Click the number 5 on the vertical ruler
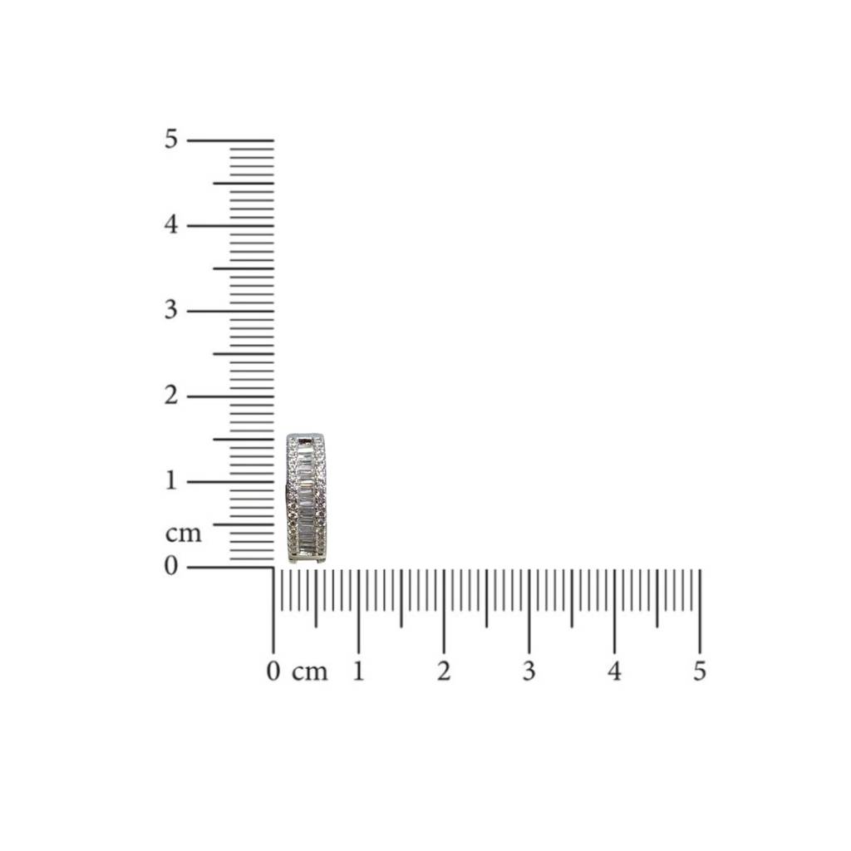coord(171,140)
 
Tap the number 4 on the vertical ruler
coord(171,224)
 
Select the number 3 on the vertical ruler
coord(171,310)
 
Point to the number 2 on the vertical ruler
coord(171,395)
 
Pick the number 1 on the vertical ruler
coord(171,480)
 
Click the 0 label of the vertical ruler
coord(171,566)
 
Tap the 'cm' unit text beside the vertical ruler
coord(184,534)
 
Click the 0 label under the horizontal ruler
coord(273,671)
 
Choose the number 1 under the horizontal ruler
coord(358,671)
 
